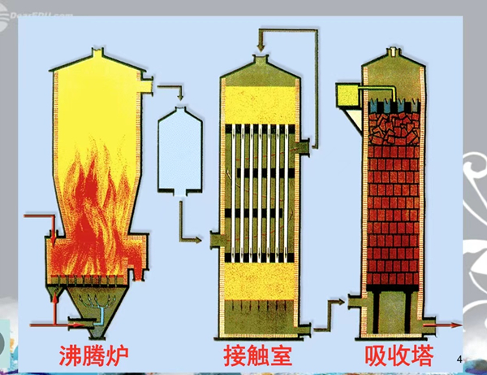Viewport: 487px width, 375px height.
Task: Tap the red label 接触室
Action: (257, 355)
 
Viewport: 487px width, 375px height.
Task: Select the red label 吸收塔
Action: (399, 355)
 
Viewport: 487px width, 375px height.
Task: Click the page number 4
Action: (460, 359)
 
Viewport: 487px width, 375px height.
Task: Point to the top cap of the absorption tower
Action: (393, 52)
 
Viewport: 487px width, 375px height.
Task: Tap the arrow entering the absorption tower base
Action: (341, 302)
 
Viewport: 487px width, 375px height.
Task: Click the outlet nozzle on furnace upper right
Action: (149, 83)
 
